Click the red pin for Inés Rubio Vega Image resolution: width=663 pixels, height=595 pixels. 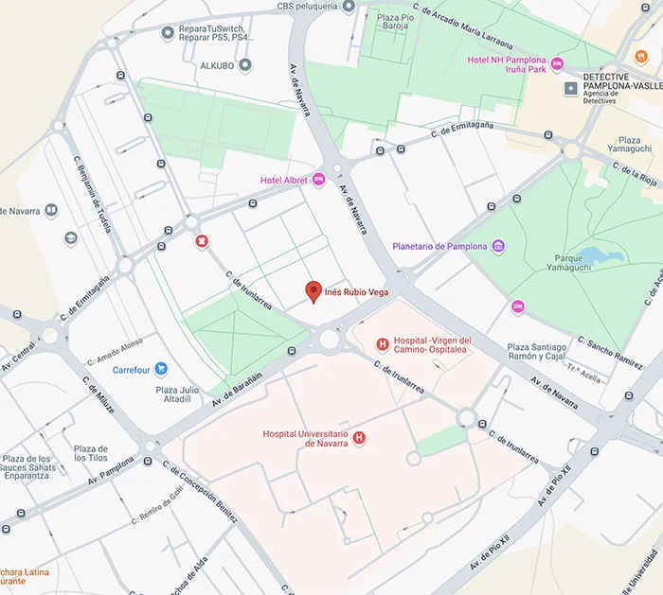(x=314, y=291)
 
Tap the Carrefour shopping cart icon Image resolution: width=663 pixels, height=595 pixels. (x=161, y=369)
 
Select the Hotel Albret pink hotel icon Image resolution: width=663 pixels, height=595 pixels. (x=319, y=180)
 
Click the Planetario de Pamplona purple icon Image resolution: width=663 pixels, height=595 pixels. (x=498, y=247)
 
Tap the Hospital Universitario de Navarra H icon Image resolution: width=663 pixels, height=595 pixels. (x=359, y=439)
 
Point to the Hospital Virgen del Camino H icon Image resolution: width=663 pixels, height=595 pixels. (x=382, y=344)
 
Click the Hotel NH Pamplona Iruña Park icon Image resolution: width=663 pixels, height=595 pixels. (x=557, y=63)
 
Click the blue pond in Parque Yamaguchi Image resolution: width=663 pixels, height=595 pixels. (x=596, y=255)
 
